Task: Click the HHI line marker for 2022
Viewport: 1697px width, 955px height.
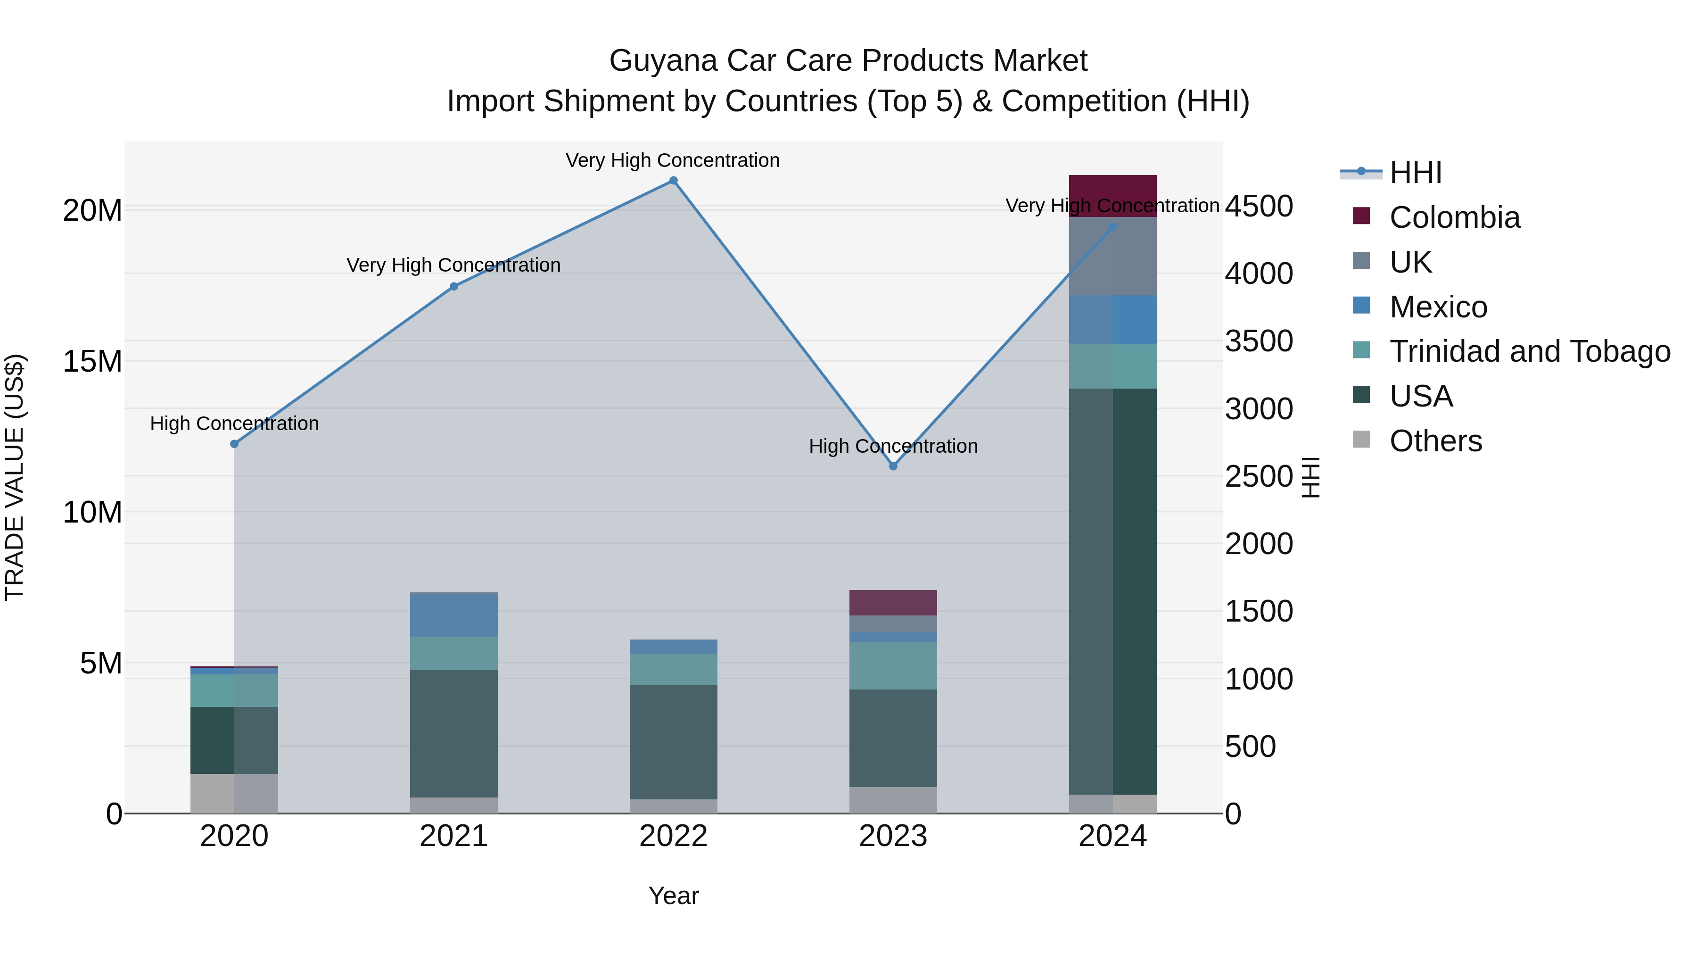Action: [x=673, y=181]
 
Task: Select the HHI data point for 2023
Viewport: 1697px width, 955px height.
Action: [x=893, y=466]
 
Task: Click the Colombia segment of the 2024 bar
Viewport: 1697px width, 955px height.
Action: [x=1112, y=195]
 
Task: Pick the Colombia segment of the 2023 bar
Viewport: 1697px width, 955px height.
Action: [x=893, y=602]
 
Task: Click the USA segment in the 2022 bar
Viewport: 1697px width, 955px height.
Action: [x=673, y=742]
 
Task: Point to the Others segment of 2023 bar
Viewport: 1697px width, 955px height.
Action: [x=893, y=800]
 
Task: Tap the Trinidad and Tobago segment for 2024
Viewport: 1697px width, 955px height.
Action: [x=1112, y=366]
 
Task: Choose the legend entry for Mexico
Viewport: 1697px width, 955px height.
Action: [x=1438, y=307]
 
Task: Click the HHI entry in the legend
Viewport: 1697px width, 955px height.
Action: [x=1415, y=173]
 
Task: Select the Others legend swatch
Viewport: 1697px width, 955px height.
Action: [x=1361, y=440]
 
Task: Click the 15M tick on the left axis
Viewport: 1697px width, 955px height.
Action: [x=92, y=362]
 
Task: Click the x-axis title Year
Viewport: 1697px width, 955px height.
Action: [x=673, y=896]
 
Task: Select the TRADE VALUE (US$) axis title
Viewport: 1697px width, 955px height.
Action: [x=15, y=477]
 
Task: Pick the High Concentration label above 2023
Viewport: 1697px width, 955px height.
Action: [x=893, y=446]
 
